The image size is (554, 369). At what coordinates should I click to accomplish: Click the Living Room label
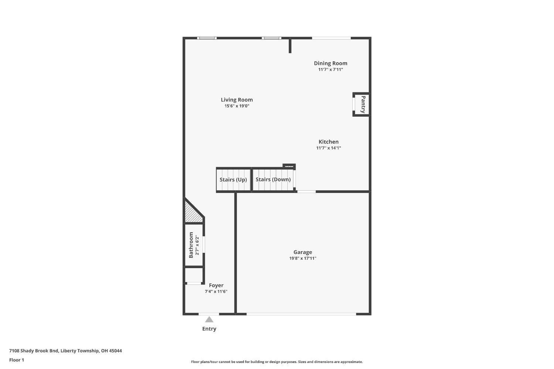[x=237, y=100]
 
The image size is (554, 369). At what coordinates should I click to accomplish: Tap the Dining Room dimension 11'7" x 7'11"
[x=331, y=69]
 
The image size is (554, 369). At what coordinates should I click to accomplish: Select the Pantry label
[x=363, y=105]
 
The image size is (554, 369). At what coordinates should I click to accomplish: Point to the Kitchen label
[x=328, y=142]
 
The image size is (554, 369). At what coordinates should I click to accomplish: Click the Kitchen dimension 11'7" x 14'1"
[x=328, y=148]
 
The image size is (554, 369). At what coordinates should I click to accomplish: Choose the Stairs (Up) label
[x=233, y=180]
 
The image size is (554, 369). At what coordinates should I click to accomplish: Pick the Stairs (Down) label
[x=273, y=180]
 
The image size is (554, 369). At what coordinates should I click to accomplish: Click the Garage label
[x=302, y=252]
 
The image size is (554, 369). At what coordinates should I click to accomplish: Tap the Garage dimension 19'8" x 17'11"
[x=302, y=259]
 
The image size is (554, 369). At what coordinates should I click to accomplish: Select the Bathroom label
[x=191, y=245]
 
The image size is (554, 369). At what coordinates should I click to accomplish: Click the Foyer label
[x=216, y=286]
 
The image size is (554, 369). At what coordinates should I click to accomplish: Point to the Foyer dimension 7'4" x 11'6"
[x=216, y=292]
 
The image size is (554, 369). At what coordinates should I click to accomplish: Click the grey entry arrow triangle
[x=209, y=320]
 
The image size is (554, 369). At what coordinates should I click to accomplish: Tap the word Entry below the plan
[x=209, y=329]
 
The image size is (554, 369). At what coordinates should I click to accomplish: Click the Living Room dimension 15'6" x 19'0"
[x=237, y=106]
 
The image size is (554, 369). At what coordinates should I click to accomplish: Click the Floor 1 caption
[x=17, y=360]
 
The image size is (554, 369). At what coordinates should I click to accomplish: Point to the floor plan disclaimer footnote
[x=277, y=362]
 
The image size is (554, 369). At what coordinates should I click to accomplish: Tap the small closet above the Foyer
[x=194, y=275]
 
